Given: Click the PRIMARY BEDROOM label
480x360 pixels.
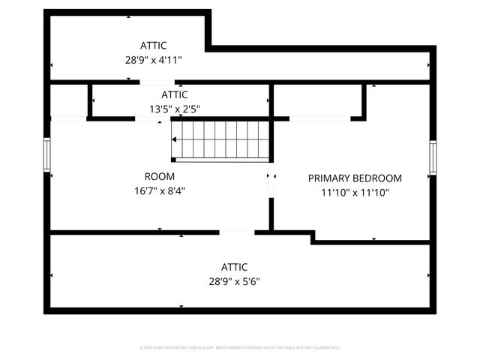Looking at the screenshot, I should pos(355,178).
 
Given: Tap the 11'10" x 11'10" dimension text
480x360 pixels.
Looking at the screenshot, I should pos(355,192).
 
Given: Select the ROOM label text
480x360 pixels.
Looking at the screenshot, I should pos(159,176).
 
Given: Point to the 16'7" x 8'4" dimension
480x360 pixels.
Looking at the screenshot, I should pos(159,190).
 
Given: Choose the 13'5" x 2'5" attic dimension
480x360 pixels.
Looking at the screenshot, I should pos(174,109).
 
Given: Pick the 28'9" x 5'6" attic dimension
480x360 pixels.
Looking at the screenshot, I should pos(234,281).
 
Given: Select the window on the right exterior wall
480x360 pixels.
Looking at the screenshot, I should pos(433,157).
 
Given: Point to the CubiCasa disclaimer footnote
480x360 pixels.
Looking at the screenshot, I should pos(240,348).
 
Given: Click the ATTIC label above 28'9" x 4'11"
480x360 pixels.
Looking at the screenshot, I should pos(153,45).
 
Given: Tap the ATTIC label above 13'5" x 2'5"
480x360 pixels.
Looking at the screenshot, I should pos(174,94).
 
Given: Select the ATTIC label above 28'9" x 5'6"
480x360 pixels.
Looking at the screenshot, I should pos(234,267).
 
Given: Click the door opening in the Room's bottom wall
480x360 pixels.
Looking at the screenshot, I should pos(237,232).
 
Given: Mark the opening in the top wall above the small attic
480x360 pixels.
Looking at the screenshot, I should pos(157,82).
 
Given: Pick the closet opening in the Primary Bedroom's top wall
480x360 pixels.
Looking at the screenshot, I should pos(319,118).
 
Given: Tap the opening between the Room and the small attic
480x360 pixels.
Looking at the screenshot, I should pos(148,118).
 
